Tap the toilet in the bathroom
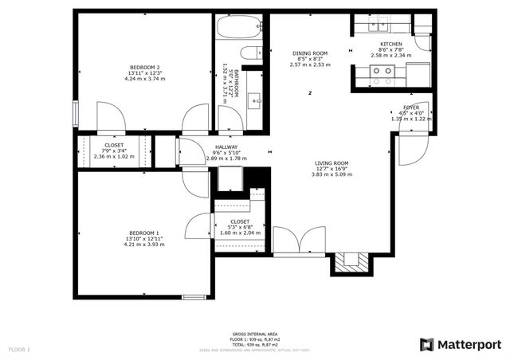250,54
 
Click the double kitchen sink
379,25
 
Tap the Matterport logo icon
427,344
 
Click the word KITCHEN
390,44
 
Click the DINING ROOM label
311,53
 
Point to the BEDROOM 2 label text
146,67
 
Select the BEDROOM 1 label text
144,233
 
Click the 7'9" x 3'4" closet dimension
112,151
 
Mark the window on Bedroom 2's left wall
76,113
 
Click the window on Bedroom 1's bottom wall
194,298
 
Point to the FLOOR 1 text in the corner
19,349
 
